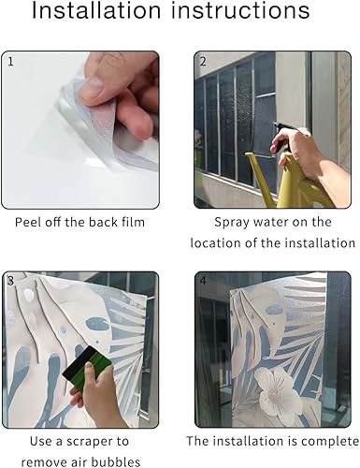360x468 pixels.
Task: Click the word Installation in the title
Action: tap(96, 10)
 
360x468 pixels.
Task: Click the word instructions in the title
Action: tap(240, 10)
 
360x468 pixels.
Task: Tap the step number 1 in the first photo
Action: tap(10, 62)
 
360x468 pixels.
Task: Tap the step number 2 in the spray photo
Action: tap(203, 62)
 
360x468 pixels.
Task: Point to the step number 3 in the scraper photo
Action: tap(10, 281)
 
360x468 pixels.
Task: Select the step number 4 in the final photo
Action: tap(203, 281)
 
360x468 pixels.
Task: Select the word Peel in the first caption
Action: tap(28, 222)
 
